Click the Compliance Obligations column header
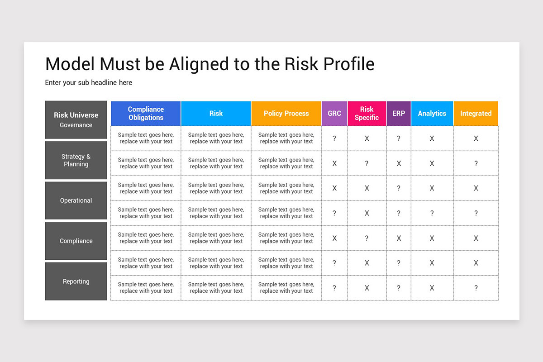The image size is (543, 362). click(146, 114)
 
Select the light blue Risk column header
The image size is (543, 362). click(216, 114)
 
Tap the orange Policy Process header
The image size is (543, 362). click(286, 114)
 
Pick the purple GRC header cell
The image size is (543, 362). click(334, 114)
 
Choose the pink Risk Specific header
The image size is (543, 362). click(367, 114)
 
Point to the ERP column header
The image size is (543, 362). click(399, 114)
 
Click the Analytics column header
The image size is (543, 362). click(432, 114)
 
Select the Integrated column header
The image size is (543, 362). click(476, 114)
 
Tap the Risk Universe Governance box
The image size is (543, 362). click(76, 120)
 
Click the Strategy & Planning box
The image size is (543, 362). click(76, 160)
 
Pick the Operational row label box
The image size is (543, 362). click(76, 200)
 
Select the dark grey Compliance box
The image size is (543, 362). click(76, 241)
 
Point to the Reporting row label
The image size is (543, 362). click(76, 281)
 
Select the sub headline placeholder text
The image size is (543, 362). click(89, 83)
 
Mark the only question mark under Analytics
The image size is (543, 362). click(432, 213)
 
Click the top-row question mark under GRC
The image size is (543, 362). click(334, 138)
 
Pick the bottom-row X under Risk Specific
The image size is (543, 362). click(367, 288)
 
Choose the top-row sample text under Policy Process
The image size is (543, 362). click(286, 138)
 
